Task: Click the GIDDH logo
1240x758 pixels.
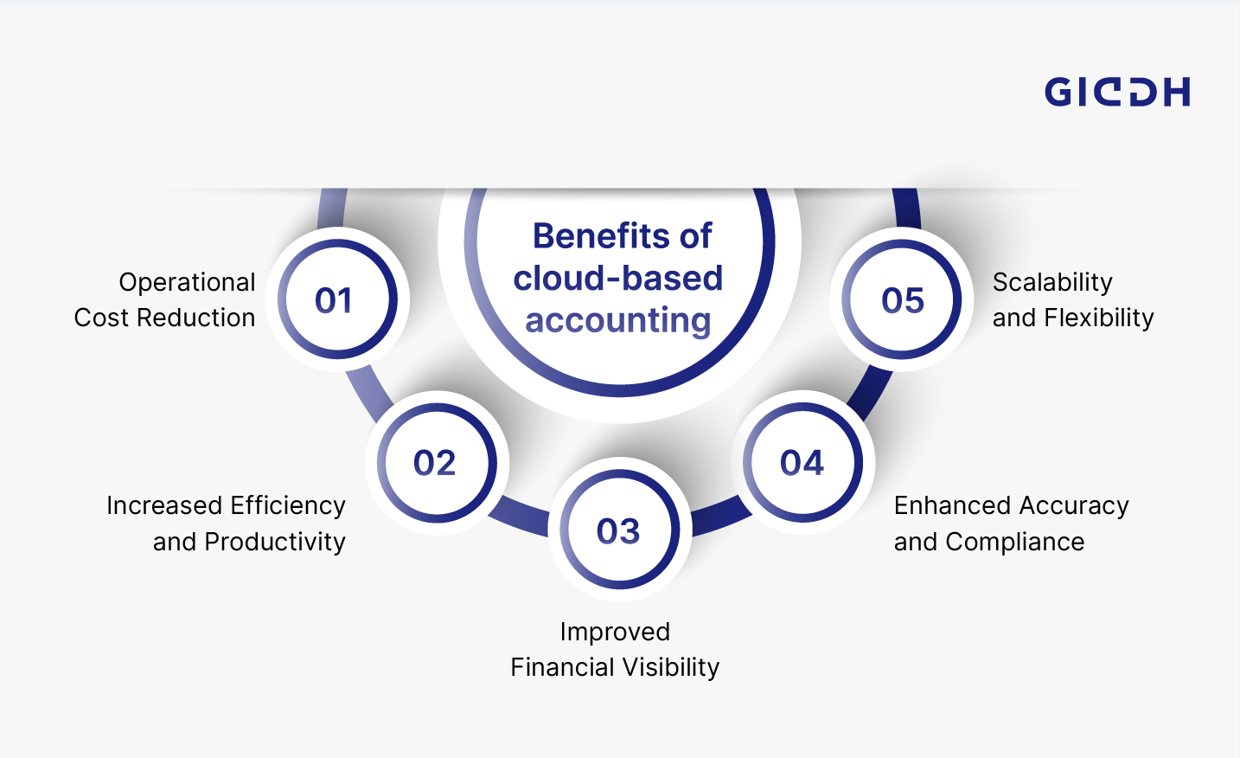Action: coord(1116,92)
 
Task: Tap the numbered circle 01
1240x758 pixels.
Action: coord(336,299)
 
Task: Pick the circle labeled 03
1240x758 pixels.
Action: coord(619,530)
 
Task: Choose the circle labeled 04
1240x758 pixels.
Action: coord(803,463)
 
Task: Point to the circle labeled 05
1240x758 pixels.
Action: coord(902,299)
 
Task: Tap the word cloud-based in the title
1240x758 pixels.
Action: coord(617,278)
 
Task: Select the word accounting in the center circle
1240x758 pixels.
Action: coord(617,320)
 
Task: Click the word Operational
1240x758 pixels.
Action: coord(187,282)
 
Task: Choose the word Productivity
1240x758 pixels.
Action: coord(274,542)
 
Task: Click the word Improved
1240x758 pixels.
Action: coord(615,632)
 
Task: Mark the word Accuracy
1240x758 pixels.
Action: coord(1073,505)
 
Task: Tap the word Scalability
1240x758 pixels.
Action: coord(1052,282)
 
